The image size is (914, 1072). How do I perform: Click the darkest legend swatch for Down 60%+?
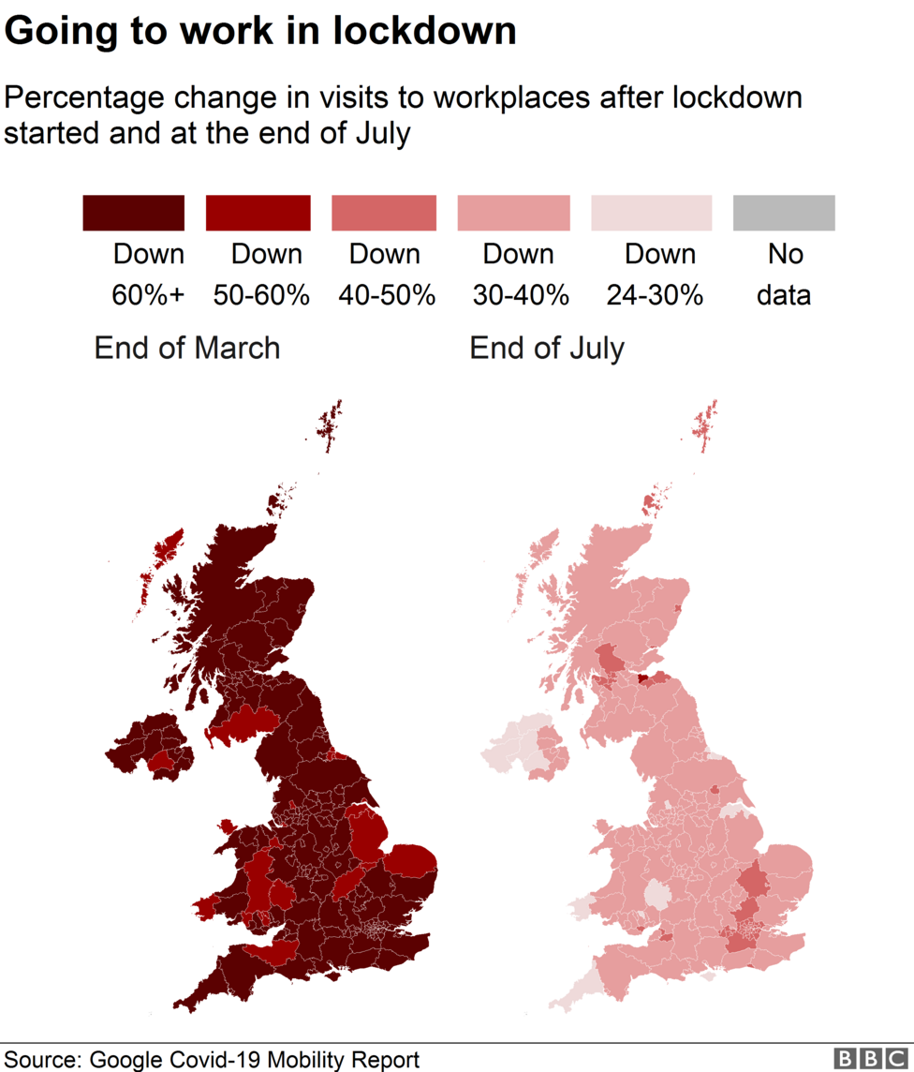pos(133,213)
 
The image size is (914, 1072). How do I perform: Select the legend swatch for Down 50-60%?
pos(258,213)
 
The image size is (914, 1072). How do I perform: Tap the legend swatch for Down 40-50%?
pos(384,213)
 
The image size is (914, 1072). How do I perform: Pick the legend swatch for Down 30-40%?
pos(513,213)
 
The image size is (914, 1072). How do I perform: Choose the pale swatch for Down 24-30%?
pos(651,213)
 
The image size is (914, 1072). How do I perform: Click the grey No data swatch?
pos(783,213)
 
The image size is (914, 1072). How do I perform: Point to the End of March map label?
pos(186,349)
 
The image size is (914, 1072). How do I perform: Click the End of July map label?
pos(547,349)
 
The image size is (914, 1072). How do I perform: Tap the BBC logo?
pos(870,1058)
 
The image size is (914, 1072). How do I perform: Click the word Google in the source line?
pos(126,1060)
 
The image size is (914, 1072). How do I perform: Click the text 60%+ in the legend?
pos(148,295)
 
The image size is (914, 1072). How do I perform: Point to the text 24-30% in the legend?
pos(655,295)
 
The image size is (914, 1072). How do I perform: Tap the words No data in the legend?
pos(785,275)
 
